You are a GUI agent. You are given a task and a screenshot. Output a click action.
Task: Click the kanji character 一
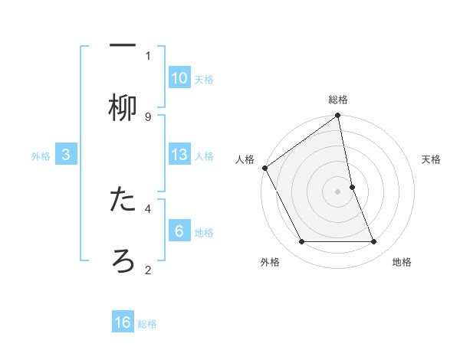pyautogui.click(x=123, y=44)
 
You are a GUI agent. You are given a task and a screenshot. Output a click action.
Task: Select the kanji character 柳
pyautogui.click(x=123, y=108)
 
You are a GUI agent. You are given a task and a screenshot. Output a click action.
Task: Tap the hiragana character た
pyautogui.click(x=123, y=200)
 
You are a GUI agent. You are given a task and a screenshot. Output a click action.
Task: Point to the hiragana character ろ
pyautogui.click(x=123, y=261)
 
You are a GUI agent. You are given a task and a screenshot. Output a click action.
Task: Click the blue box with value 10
pyautogui.click(x=179, y=77)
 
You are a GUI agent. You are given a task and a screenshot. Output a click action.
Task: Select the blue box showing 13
pyautogui.click(x=179, y=155)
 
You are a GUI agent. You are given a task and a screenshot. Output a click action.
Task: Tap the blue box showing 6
pyautogui.click(x=179, y=231)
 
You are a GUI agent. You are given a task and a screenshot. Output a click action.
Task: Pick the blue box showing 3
pyautogui.click(x=66, y=155)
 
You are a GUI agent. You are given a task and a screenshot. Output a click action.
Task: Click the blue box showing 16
pyautogui.click(x=123, y=322)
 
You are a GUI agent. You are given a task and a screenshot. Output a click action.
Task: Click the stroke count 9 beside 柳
pyautogui.click(x=148, y=116)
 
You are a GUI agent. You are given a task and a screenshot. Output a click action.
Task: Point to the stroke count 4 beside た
pyautogui.click(x=148, y=208)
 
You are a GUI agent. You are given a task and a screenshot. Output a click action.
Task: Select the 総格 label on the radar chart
pyautogui.click(x=338, y=100)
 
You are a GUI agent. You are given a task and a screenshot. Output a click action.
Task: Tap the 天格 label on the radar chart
pyautogui.click(x=432, y=159)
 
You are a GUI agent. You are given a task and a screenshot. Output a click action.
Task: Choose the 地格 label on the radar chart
pyautogui.click(x=402, y=262)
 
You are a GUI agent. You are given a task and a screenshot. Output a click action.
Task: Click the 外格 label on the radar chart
pyautogui.click(x=270, y=262)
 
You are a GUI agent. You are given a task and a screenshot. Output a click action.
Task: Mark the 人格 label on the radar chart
pyautogui.click(x=245, y=159)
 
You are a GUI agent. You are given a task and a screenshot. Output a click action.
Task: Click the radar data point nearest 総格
pyautogui.click(x=338, y=116)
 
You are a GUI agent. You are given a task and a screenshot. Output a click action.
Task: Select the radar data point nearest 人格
pyautogui.click(x=265, y=168)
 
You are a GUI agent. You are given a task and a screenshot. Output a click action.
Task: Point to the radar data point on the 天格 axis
pyautogui.click(x=352, y=187)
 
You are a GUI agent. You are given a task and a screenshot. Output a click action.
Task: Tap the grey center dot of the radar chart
pyautogui.click(x=338, y=191)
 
